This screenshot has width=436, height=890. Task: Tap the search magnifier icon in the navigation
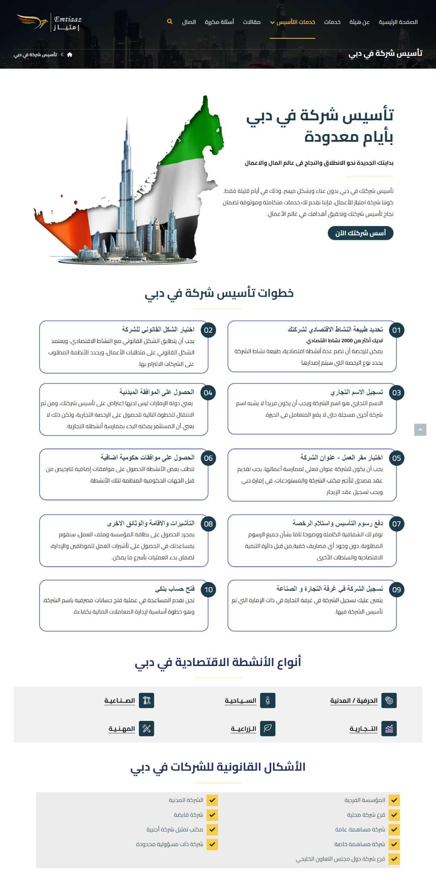(170, 21)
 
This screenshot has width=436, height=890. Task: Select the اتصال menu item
(189, 22)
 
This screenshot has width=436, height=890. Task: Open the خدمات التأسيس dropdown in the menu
(293, 22)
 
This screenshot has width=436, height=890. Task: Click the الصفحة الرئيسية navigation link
(398, 22)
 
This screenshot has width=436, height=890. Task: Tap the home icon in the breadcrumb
(70, 55)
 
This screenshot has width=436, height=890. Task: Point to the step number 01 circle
(396, 330)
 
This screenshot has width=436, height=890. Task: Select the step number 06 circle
(208, 458)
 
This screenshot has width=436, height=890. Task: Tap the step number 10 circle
(208, 589)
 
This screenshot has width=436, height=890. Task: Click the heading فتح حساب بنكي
(175, 589)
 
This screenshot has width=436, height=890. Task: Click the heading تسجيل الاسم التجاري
(356, 392)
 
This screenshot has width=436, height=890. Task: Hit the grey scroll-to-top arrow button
(420, 430)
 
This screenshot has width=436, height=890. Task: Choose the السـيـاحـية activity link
(241, 700)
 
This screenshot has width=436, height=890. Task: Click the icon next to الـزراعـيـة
(268, 728)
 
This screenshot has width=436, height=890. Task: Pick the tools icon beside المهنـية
(147, 728)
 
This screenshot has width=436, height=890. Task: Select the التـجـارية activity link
(363, 728)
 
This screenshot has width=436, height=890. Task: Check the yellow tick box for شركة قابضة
(212, 814)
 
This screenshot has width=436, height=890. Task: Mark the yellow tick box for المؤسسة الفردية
(394, 800)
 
